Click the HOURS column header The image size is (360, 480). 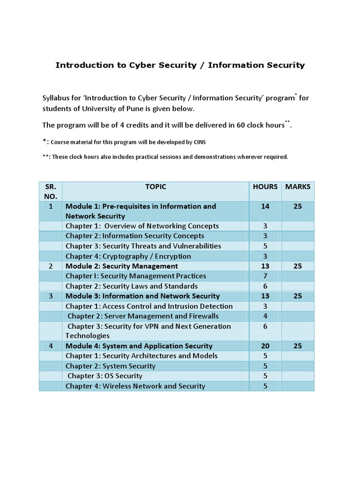[265, 187]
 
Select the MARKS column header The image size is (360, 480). [298, 187]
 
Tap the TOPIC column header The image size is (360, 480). [156, 187]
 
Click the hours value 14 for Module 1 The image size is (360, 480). [265, 206]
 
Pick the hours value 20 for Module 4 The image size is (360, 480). [265, 346]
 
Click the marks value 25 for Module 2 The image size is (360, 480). [298, 266]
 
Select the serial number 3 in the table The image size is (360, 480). [50, 296]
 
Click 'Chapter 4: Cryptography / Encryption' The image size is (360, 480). [128, 256]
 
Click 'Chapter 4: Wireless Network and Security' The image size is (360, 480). [135, 386]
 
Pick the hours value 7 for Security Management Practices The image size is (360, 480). [265, 276]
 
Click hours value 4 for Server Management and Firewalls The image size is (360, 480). [265, 316]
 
